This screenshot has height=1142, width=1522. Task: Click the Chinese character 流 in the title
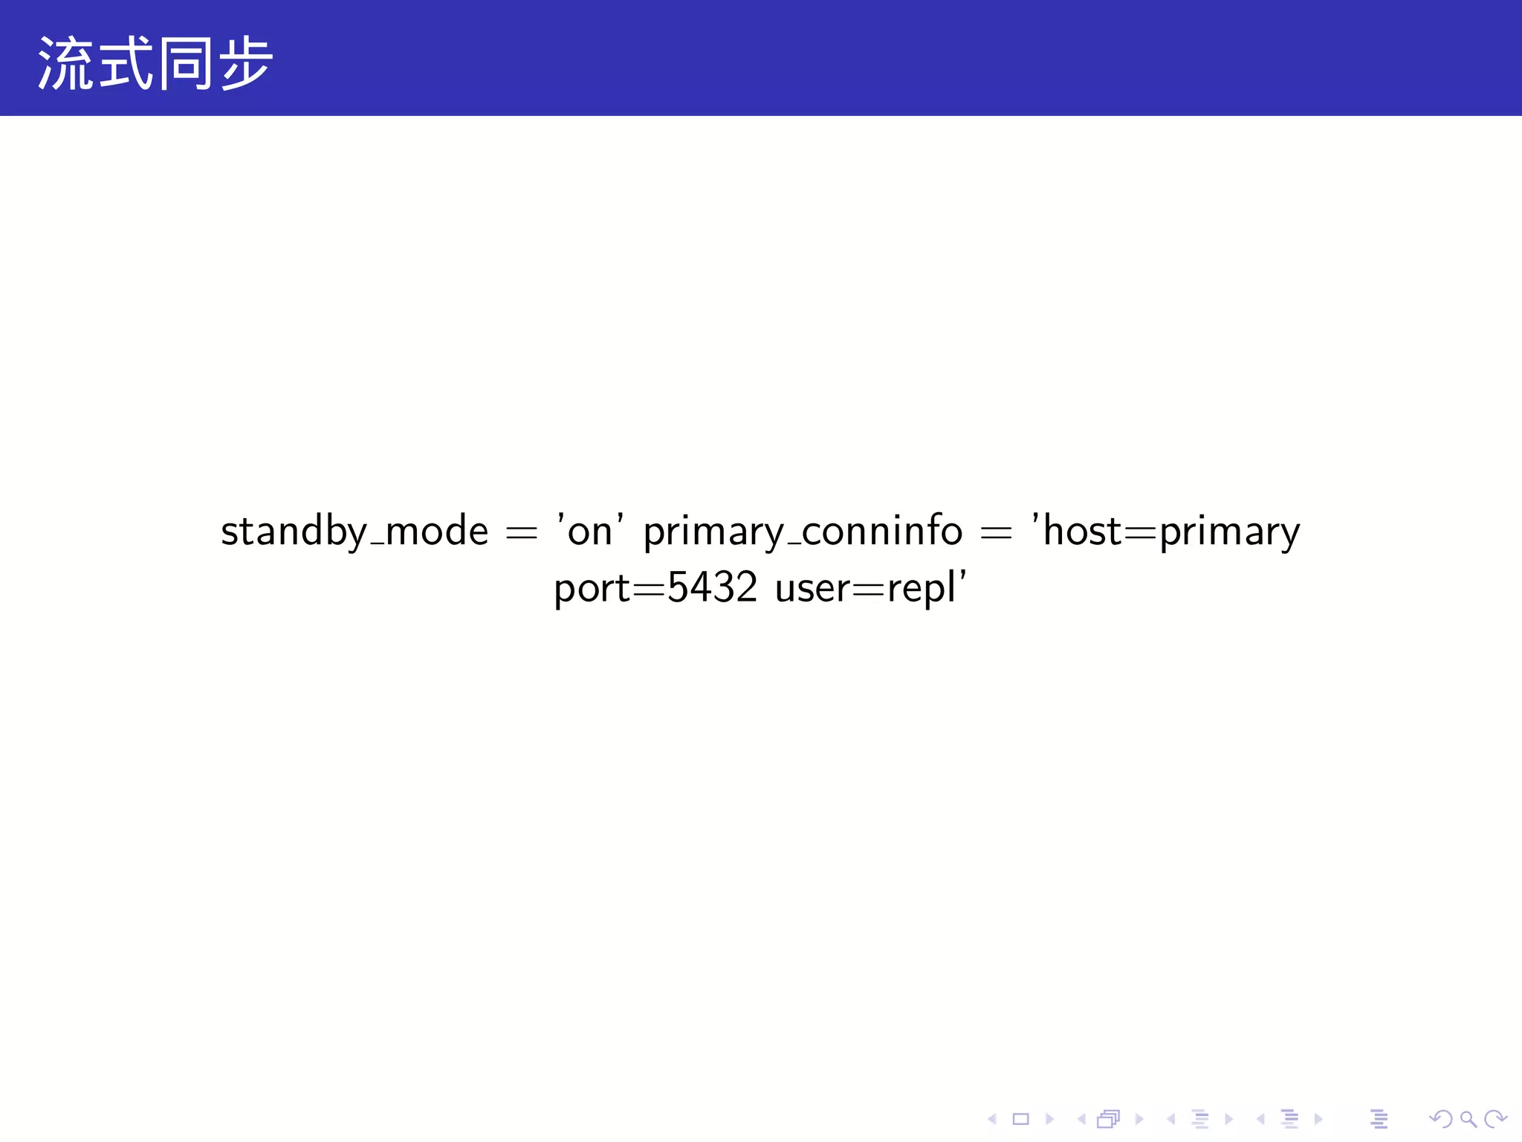click(65, 64)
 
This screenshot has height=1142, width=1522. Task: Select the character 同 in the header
click(186, 64)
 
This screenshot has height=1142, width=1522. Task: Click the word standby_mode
click(354, 532)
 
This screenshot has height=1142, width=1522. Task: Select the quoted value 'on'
click(590, 532)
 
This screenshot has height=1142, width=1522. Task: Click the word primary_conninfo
click(803, 532)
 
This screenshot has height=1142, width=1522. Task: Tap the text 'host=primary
click(1165, 532)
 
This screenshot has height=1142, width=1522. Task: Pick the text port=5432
click(655, 588)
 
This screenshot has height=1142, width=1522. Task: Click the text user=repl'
click(870, 588)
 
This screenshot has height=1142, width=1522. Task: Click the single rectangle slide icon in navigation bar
click(1020, 1119)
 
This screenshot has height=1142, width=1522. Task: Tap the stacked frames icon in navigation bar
click(1108, 1119)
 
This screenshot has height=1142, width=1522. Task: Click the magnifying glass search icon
click(1468, 1119)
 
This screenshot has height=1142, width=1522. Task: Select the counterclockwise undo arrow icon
click(1441, 1119)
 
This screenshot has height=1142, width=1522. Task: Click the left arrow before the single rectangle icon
click(992, 1119)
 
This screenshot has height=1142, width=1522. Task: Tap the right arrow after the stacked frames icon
click(1139, 1119)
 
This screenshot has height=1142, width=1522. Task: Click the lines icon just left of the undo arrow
click(1379, 1119)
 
